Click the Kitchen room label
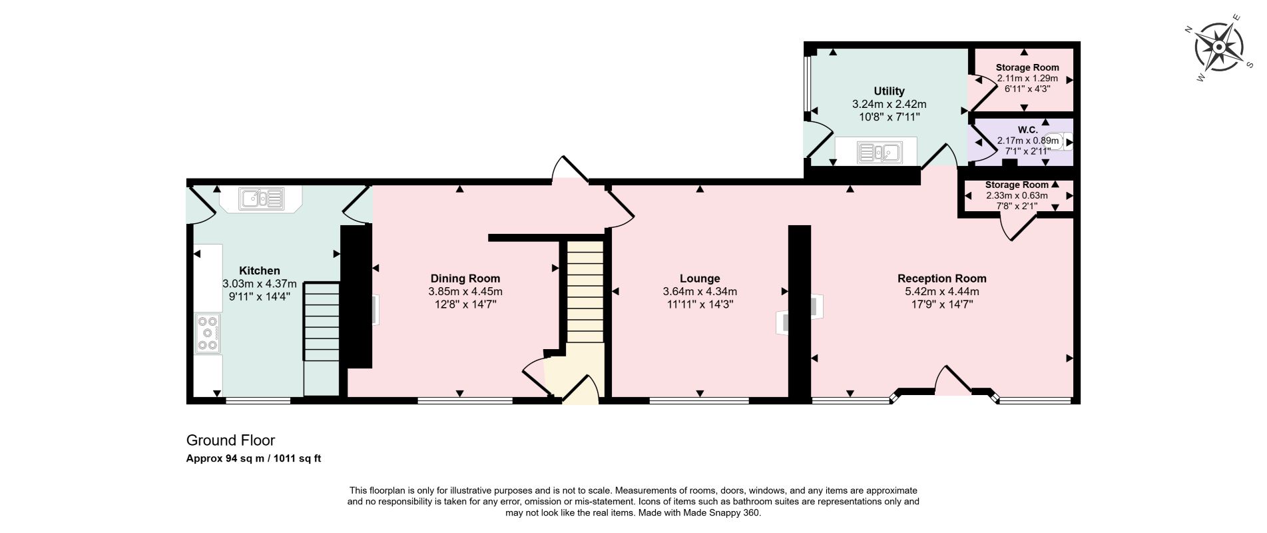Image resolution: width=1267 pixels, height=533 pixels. point(260,270)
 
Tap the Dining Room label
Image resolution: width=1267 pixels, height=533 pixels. point(465,278)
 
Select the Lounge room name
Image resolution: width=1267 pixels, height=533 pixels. point(700,278)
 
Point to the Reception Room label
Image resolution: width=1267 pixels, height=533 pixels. point(942,278)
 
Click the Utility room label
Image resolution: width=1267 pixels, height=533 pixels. point(889,91)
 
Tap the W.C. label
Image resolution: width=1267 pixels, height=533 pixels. point(1028,130)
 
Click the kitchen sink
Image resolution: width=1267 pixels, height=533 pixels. point(262,198)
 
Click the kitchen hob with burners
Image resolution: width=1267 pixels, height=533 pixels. point(208,332)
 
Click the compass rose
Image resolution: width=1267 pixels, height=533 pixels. point(1218,47)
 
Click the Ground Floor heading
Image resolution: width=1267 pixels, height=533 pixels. point(230,440)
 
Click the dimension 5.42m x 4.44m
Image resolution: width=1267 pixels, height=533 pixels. point(942,291)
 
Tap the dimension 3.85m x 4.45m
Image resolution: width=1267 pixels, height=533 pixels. point(465,291)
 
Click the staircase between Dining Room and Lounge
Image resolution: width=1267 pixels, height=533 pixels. point(585,291)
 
